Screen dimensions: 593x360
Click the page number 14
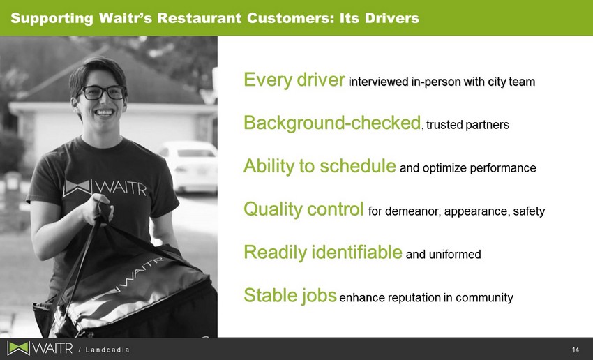(x=576, y=350)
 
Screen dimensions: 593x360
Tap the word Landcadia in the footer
(x=107, y=350)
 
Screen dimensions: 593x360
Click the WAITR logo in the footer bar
(x=40, y=348)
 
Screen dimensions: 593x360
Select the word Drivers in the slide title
(x=392, y=18)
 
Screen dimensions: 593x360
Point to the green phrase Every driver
(x=294, y=80)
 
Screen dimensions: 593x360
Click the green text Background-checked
(x=332, y=123)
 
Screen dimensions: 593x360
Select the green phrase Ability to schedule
(x=320, y=166)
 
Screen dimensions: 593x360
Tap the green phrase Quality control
(x=303, y=209)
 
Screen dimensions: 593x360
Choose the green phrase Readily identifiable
(x=322, y=253)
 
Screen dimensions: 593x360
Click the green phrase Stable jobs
(x=290, y=295)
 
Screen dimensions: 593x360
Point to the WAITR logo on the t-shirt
(x=105, y=188)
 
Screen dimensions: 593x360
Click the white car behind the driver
(x=188, y=166)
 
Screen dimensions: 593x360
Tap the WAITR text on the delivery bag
(x=133, y=277)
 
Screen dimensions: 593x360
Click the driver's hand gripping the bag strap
(x=97, y=209)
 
